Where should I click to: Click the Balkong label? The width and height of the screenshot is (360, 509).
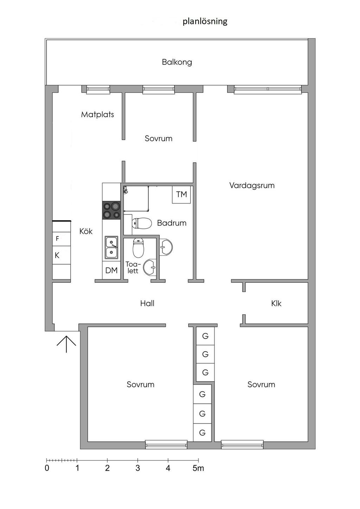(177, 62)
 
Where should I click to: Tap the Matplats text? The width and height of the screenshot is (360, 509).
(98, 114)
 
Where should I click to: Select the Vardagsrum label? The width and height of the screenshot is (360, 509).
(252, 185)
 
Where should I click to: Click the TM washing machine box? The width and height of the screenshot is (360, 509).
(181, 195)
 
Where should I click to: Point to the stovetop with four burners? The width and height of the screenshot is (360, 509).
(111, 210)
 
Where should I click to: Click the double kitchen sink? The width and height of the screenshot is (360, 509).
(111, 247)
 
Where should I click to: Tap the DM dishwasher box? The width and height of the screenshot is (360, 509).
(111, 270)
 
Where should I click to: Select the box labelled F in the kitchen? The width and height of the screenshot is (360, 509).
(62, 239)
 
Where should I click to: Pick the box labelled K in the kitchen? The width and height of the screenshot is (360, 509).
(62, 255)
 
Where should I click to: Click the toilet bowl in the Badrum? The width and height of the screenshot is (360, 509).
(142, 223)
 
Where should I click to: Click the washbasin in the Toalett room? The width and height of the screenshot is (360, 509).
(150, 267)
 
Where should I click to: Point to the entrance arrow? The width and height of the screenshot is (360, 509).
(66, 344)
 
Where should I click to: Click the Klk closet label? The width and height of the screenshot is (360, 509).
(276, 304)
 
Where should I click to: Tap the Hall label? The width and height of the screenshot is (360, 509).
(147, 304)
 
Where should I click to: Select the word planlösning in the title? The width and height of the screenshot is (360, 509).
(205, 21)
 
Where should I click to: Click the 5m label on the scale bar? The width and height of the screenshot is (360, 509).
(198, 468)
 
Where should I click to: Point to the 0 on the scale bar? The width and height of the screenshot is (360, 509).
(47, 468)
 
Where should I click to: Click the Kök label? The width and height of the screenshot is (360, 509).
(86, 231)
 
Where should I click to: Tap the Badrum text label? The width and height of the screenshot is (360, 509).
(172, 223)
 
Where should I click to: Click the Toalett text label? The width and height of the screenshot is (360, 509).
(133, 267)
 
